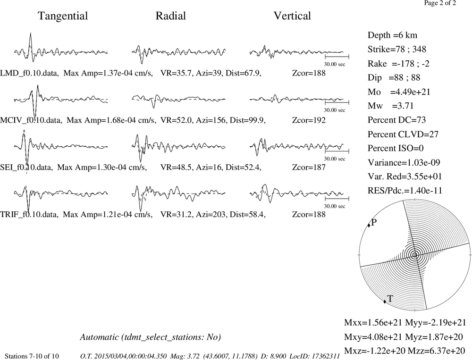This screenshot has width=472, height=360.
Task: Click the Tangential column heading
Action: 63,16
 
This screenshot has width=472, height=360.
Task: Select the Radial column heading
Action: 171,16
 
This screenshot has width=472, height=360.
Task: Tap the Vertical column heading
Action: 292,16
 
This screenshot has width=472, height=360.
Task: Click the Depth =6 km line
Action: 392,35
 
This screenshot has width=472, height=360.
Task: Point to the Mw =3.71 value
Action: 391,106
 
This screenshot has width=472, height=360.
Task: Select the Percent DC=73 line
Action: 397,120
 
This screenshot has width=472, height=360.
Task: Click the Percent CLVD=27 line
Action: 403,134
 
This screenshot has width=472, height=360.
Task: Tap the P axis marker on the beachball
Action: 369,226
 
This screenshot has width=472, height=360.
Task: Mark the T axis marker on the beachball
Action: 385,301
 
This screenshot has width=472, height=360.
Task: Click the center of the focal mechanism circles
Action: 415,255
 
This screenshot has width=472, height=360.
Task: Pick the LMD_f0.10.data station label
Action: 29,73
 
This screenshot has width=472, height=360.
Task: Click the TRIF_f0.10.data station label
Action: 29,215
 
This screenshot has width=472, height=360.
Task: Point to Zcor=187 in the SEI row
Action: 309,167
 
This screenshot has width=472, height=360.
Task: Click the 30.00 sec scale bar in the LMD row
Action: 337,57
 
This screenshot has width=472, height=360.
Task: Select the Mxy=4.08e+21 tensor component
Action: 373,337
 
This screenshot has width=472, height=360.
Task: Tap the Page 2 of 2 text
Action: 440,3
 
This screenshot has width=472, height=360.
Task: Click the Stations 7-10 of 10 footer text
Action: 32,356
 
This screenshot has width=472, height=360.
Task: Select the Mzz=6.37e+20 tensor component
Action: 437,351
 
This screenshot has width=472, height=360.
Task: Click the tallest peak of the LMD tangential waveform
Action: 30,33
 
